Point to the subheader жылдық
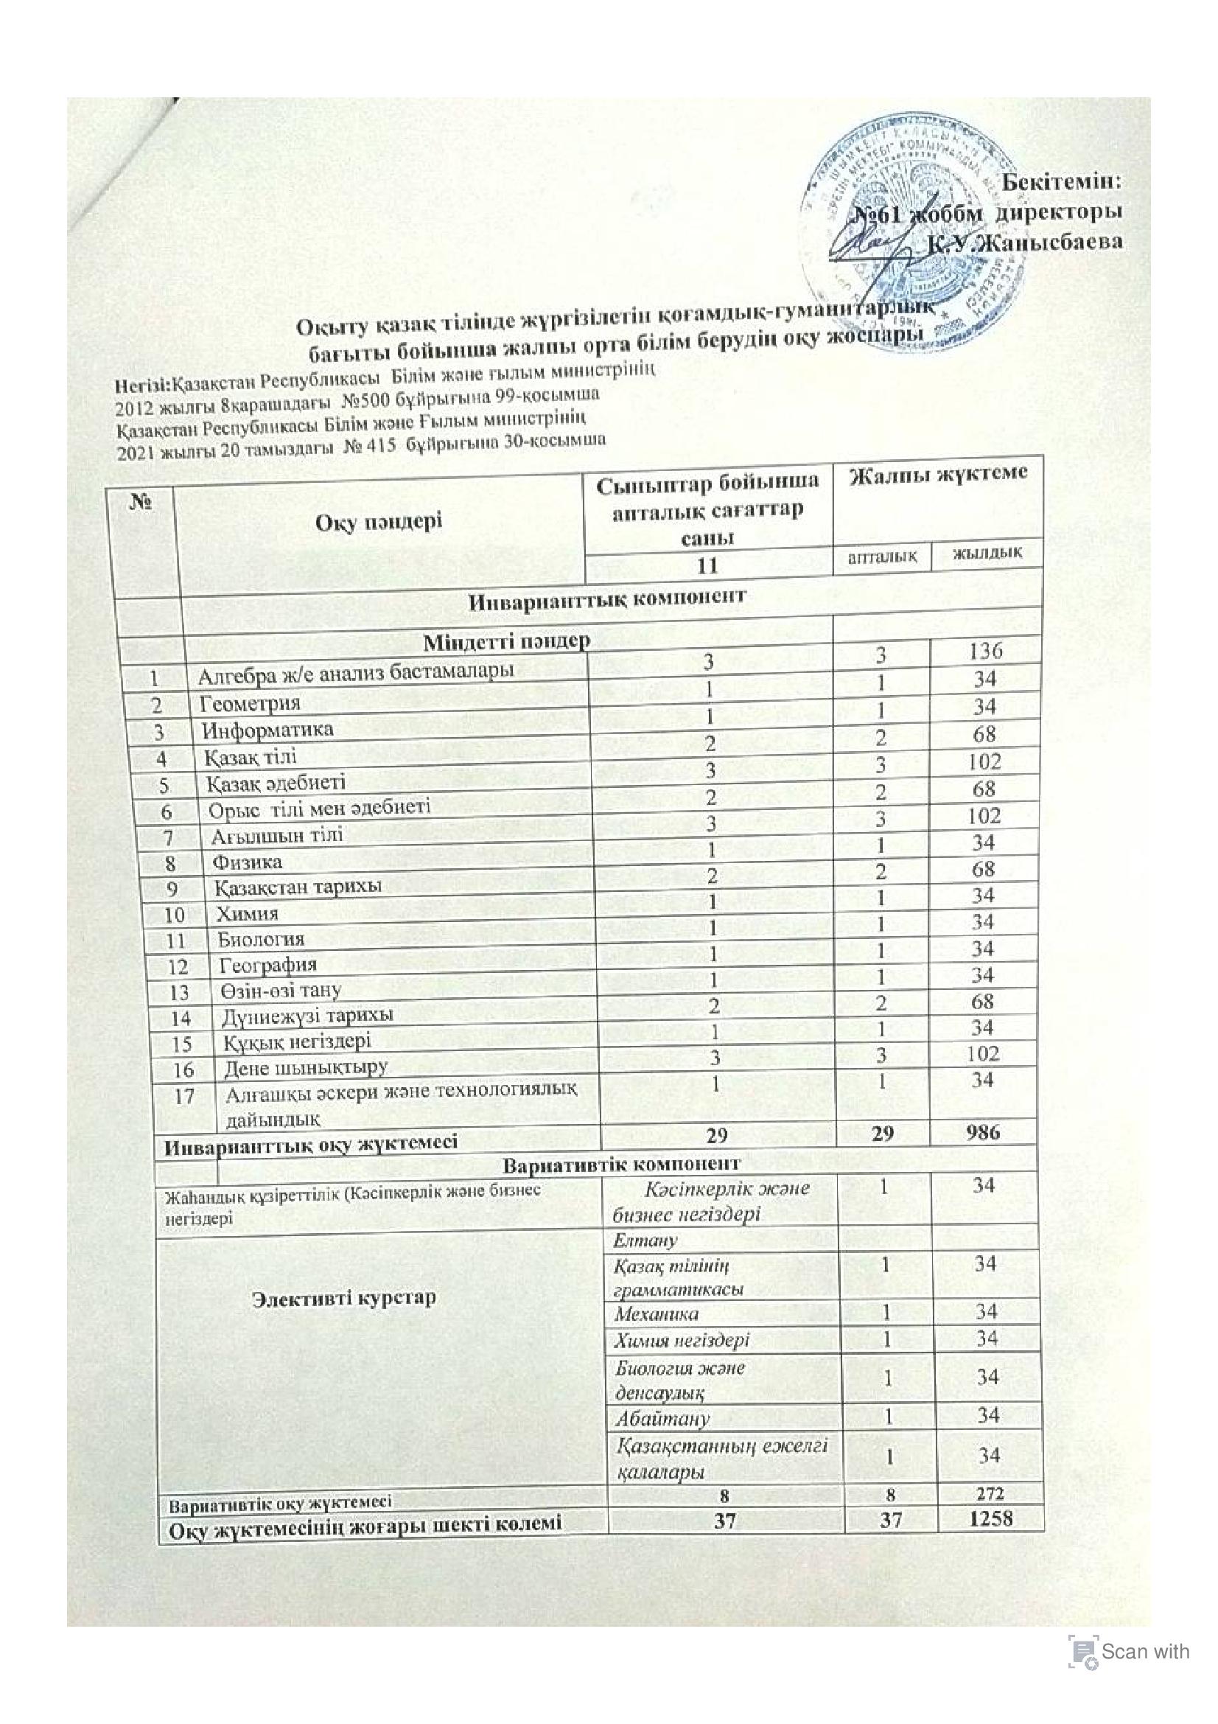(x=986, y=555)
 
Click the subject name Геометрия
(x=250, y=704)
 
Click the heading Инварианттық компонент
(x=608, y=598)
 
